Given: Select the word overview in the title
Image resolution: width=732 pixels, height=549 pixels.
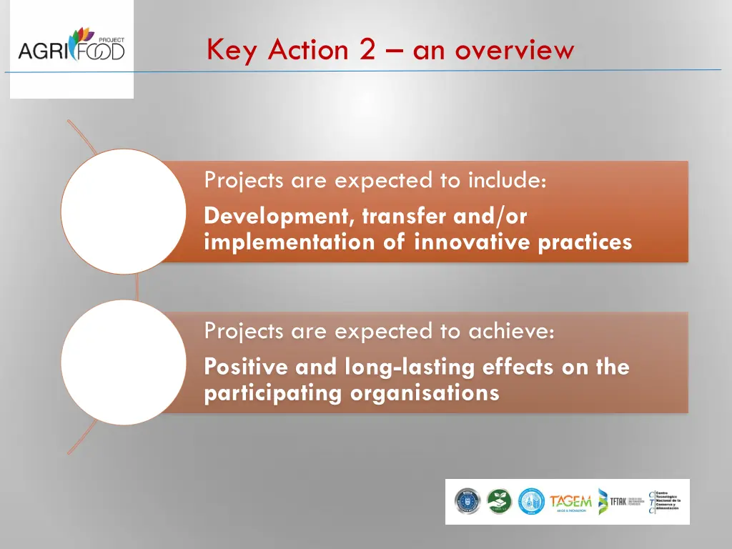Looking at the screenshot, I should pos(514,50).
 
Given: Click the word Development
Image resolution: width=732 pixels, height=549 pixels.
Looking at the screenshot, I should pos(280,215).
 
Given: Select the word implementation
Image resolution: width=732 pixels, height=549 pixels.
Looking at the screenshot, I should pos(290,242).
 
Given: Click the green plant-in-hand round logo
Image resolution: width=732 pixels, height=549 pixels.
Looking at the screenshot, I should pos(500,502).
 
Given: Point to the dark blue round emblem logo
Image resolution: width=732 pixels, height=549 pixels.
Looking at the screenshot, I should pos(468,502).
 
